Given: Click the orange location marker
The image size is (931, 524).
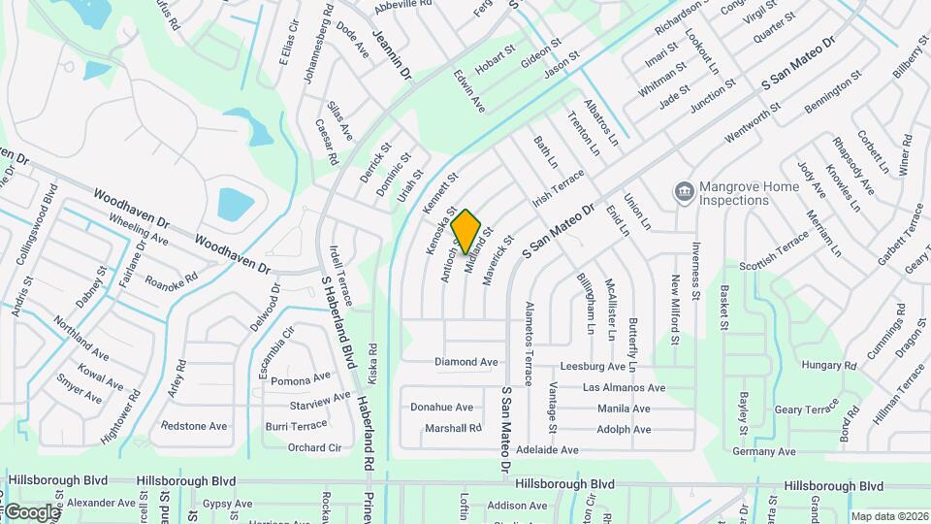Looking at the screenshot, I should (466, 231).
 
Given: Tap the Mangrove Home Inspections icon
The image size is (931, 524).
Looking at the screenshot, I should (685, 189).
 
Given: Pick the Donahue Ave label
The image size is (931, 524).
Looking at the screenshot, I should (441, 408).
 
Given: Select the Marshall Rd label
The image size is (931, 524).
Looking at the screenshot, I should (446, 428).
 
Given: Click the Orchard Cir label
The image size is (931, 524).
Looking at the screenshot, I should (315, 447).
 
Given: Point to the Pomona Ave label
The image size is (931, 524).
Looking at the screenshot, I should (301, 378).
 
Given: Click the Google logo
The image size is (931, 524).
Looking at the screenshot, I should (31, 511).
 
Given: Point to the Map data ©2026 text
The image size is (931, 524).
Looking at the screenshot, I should (888, 516).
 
